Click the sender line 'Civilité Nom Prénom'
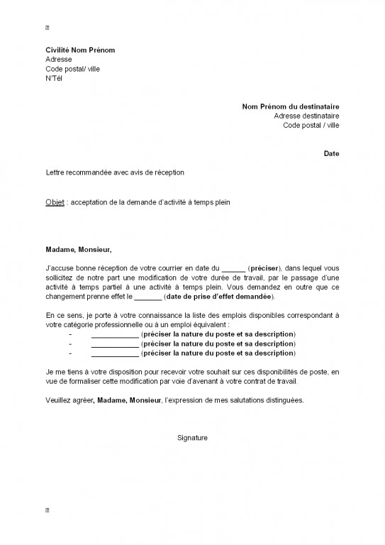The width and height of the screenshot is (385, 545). (80, 50)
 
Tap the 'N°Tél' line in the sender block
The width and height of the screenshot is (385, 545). (55, 78)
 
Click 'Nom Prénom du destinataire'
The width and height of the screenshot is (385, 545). (291, 106)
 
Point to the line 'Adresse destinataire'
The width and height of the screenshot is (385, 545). (306, 116)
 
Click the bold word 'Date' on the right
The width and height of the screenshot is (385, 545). (331, 153)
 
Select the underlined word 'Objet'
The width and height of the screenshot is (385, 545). (54, 202)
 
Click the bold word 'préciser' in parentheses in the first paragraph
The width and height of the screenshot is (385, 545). (264, 268)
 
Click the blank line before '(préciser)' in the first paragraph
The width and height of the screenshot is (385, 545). (233, 268)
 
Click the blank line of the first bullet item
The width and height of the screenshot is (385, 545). (115, 334)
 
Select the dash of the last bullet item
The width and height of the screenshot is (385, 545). (70, 353)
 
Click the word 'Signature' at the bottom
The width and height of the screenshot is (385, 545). (192, 438)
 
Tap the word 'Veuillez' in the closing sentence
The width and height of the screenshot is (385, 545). (59, 400)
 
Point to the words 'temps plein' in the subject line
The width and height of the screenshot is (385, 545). (213, 202)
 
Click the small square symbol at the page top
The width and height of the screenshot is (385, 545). (48, 28)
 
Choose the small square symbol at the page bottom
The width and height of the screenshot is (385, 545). (48, 510)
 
